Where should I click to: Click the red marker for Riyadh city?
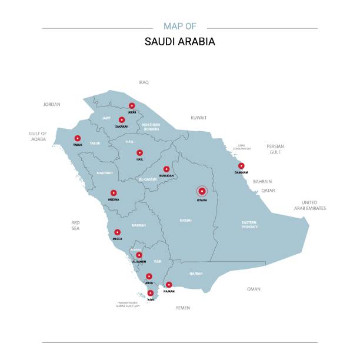202,191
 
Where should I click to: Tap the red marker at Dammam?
241,166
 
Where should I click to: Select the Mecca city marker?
118,232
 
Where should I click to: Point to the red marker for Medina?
114,192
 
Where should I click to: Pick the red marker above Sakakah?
122,119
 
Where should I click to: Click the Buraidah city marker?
166,169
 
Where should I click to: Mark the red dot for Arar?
132,106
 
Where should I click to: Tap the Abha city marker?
149,276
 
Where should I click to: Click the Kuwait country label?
199,118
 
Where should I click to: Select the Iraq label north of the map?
144,83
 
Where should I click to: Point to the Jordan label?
52,104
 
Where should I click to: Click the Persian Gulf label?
275,149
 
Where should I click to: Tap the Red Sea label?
75,225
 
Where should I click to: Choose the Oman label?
254,289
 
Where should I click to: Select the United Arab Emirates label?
310,205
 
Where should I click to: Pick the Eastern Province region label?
249,224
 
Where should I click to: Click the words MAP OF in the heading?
180,26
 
